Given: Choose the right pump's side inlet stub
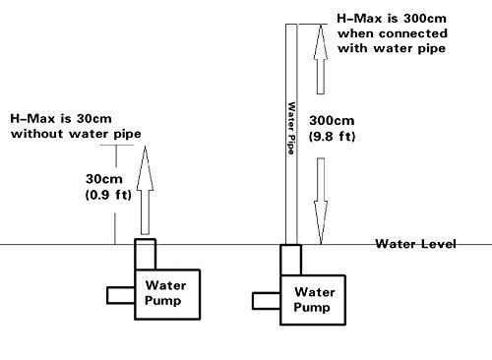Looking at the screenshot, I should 267,301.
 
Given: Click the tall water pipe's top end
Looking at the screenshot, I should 290,27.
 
